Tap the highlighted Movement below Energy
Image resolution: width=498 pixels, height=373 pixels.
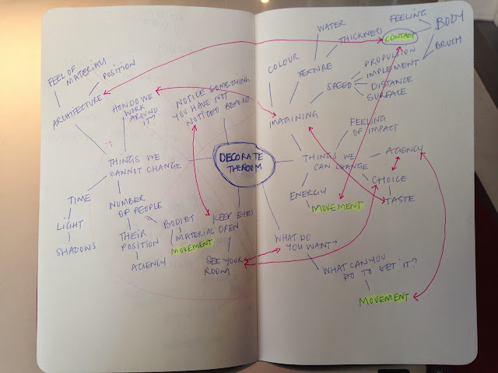[x=337, y=207]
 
